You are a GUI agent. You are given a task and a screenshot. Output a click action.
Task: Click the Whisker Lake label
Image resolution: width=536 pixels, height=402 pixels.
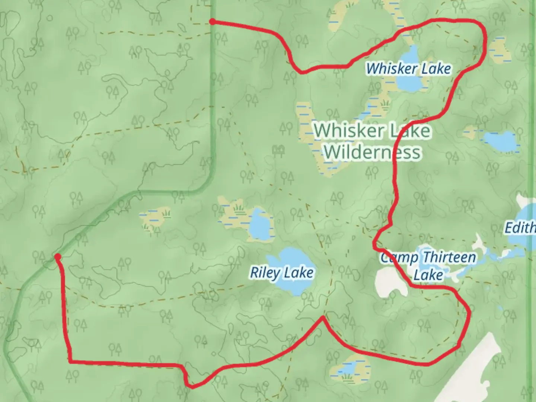408,68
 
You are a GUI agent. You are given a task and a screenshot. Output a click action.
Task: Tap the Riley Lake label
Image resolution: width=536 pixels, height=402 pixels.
281,273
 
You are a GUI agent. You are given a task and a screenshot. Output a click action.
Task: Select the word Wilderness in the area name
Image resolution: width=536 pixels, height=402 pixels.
372,152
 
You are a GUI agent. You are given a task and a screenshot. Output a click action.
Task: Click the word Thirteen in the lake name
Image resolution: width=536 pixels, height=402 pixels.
449,257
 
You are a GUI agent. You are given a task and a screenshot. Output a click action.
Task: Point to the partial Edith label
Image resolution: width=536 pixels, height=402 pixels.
520,227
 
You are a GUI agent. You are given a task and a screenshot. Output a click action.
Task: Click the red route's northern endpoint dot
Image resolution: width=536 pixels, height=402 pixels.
212,22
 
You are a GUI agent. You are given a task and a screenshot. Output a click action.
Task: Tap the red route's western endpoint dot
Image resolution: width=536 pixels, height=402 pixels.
58,256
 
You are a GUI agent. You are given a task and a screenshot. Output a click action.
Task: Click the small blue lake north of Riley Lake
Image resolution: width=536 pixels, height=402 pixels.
259,226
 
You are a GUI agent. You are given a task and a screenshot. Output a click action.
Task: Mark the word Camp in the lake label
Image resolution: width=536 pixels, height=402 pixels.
396,258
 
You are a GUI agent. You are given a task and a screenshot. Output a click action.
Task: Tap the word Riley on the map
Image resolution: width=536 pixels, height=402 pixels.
265,273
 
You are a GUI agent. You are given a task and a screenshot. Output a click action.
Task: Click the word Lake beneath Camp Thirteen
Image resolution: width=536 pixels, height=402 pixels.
428,275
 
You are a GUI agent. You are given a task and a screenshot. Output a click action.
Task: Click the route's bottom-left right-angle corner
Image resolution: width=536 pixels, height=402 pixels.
70,361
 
